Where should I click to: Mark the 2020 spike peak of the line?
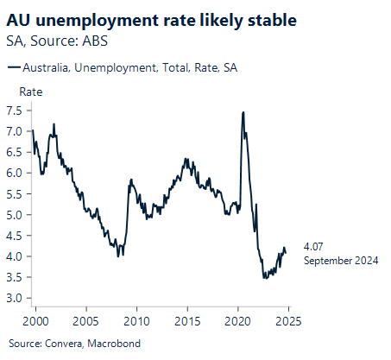(243, 112)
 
